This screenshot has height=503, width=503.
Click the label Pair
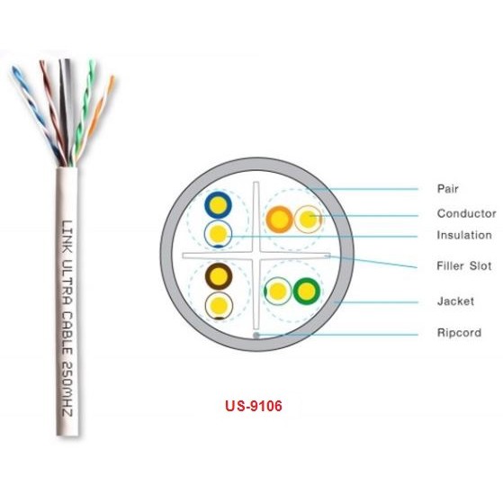[447, 189]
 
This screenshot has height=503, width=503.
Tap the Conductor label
[466, 213]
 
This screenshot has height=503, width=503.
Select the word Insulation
[464, 235]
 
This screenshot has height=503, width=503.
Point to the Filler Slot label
[464, 266]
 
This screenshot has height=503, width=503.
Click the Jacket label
[455, 301]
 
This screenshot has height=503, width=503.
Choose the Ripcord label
[459, 333]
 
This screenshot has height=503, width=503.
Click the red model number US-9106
[254, 406]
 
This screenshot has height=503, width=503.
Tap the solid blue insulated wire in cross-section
[218, 204]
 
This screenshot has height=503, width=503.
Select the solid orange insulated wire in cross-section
[280, 220]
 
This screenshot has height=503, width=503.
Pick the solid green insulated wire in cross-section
[307, 292]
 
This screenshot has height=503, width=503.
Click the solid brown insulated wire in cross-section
[219, 276]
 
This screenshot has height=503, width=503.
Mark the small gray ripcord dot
[256, 336]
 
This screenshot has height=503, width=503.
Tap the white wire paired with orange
[308, 219]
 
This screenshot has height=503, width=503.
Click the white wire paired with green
[278, 291]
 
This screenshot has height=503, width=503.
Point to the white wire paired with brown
[219, 306]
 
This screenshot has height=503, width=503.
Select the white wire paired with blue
[218, 234]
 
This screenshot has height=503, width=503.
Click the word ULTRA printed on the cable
[67, 282]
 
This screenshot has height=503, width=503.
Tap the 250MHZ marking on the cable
[67, 389]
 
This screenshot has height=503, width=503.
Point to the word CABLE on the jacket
[67, 333]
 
